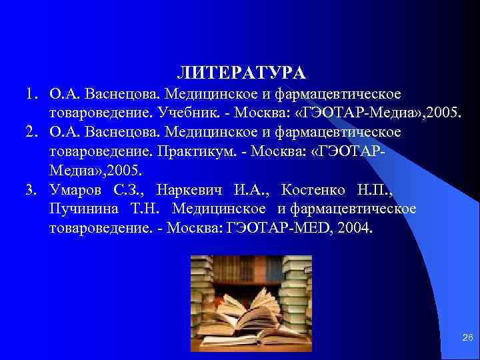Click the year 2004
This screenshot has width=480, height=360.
tap(356, 229)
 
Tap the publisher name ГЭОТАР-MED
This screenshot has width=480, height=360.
tap(279, 229)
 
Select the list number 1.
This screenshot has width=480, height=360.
tap(30, 90)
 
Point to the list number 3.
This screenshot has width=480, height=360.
tap(30, 189)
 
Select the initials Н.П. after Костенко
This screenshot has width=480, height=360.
tap(376, 189)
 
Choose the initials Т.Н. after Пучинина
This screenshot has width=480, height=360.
tap(143, 209)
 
